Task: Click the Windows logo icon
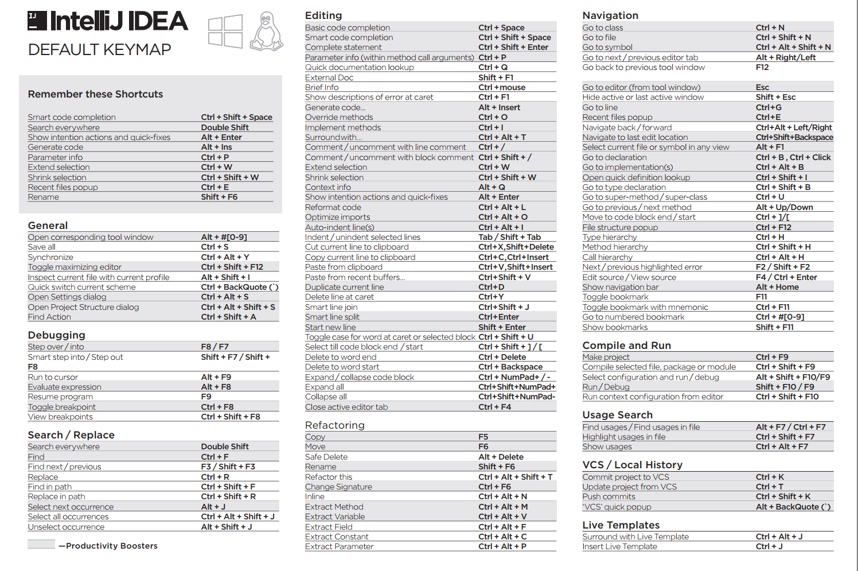pyautogui.click(x=225, y=32)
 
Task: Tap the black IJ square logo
pyautogui.click(x=37, y=21)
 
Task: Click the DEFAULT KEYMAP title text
pyautogui.click(x=99, y=50)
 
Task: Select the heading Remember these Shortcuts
pyautogui.click(x=95, y=94)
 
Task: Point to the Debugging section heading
pyautogui.click(x=56, y=335)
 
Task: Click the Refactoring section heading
pyautogui.click(x=334, y=425)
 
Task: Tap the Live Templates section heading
pyautogui.click(x=621, y=525)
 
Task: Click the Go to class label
pyautogui.click(x=602, y=28)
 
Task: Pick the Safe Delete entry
pyautogui.click(x=326, y=457)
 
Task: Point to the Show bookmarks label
pyautogui.click(x=615, y=327)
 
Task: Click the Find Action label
pyautogui.click(x=49, y=317)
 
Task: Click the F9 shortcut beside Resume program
pyautogui.click(x=206, y=397)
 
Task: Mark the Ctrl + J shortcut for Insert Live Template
pyautogui.click(x=769, y=546)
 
